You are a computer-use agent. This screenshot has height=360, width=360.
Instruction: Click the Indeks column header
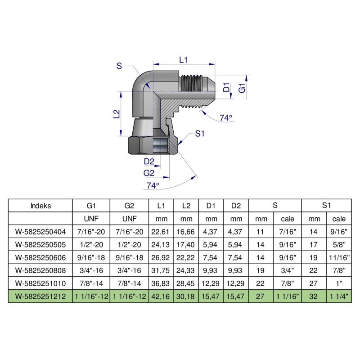(x=40, y=206)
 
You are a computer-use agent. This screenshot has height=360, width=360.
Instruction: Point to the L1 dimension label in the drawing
(x=183, y=59)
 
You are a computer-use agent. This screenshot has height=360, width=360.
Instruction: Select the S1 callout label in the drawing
(x=199, y=133)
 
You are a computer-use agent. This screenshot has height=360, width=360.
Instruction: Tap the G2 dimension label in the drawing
(x=149, y=172)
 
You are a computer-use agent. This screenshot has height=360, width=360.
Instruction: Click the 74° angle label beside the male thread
(x=226, y=118)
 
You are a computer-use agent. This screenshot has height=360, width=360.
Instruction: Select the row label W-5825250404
(x=40, y=232)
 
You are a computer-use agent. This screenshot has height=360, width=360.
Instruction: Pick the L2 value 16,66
(x=186, y=232)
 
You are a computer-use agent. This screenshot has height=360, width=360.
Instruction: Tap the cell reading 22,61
(x=161, y=232)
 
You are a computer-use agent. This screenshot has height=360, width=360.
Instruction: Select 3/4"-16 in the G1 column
(x=91, y=271)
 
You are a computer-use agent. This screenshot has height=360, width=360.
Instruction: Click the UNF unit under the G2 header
(x=130, y=219)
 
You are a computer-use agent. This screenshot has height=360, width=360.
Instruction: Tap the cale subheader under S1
(x=339, y=219)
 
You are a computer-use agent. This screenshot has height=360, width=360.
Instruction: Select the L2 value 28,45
(x=186, y=284)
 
